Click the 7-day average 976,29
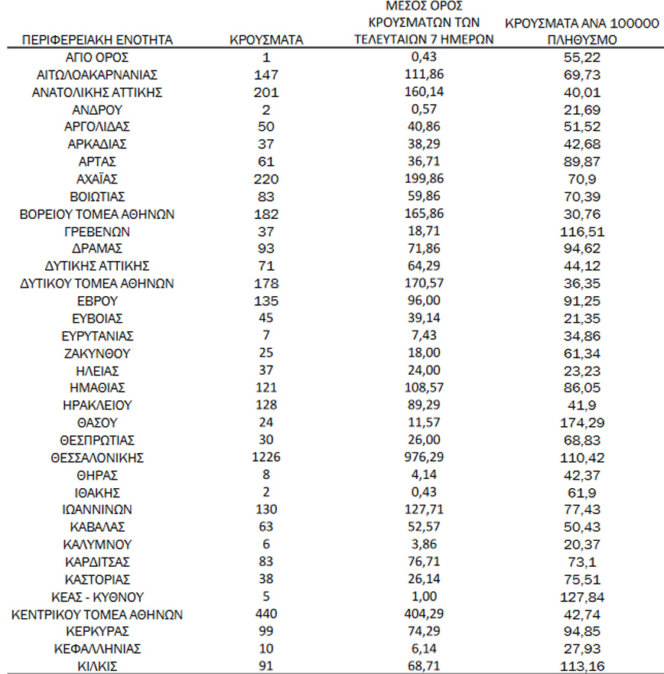[x=424, y=457]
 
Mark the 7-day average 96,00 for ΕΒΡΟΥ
[x=424, y=300]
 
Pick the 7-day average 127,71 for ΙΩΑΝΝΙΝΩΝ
[x=424, y=510]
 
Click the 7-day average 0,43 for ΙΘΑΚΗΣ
[x=424, y=492]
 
